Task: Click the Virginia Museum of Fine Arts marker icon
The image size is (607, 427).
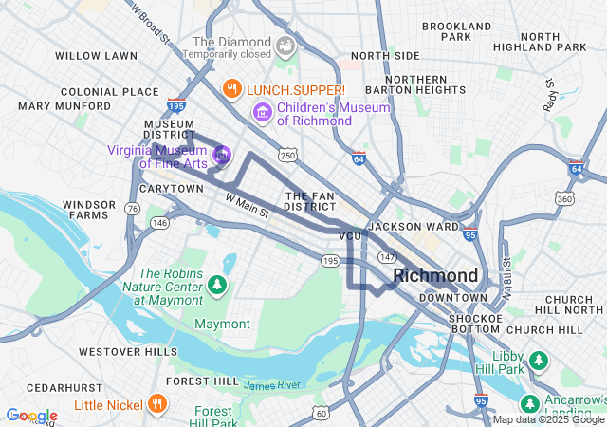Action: pos(222,154)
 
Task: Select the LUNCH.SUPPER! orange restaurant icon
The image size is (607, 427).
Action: pos(230,89)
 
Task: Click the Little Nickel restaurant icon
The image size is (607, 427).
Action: pos(157,404)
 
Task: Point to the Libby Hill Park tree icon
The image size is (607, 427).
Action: pos(539,361)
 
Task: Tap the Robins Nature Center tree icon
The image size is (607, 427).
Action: pos(217,284)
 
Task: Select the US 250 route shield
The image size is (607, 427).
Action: pos(285,154)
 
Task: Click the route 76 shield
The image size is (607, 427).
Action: pos(134,209)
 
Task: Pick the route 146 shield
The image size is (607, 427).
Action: pos(159,223)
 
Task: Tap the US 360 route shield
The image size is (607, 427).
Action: pos(564,199)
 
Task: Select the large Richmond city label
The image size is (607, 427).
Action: pos(435,275)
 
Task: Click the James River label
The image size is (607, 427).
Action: pos(271,385)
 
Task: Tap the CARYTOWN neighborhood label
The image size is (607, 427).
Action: pos(171,189)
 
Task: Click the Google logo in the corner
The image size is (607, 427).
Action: pos(31,416)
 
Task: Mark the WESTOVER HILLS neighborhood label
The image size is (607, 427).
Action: pos(128,351)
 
